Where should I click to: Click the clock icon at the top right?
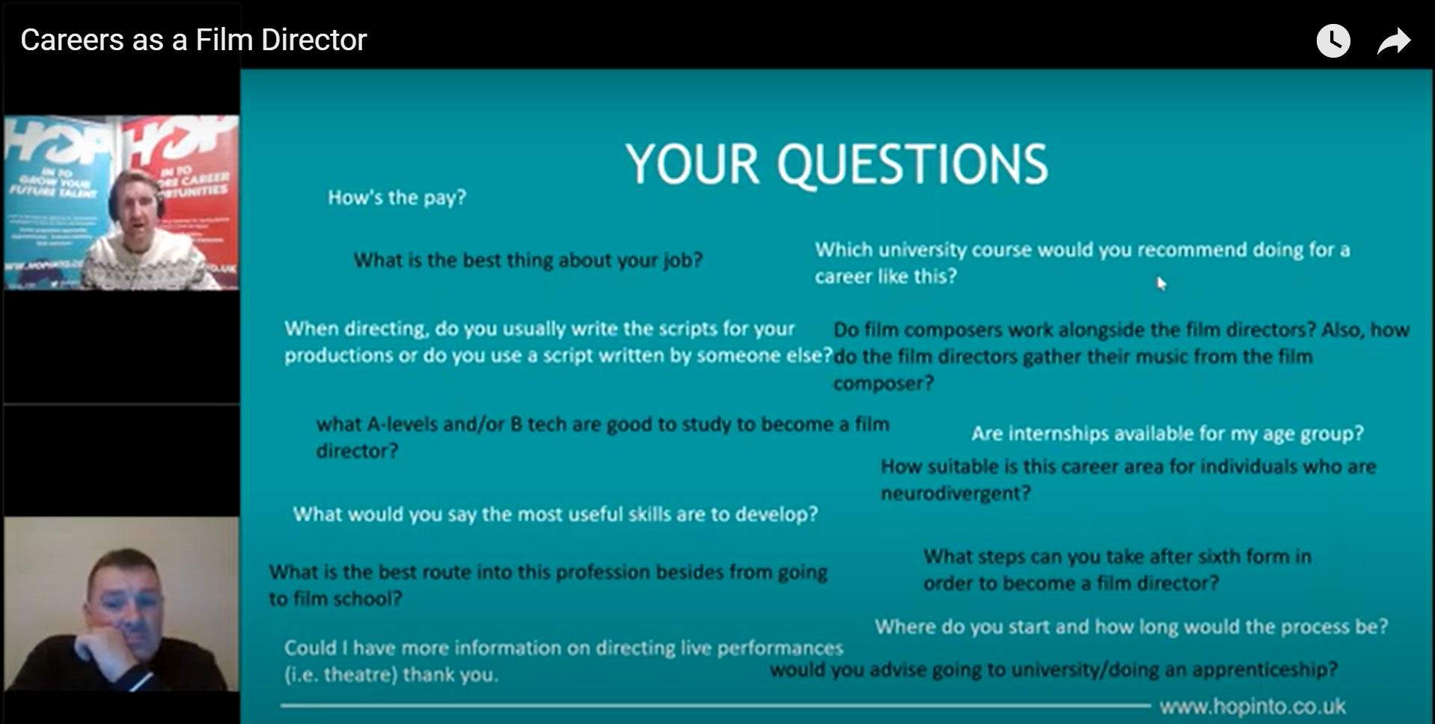pyautogui.click(x=1333, y=40)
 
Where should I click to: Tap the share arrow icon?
pyautogui.click(x=1393, y=41)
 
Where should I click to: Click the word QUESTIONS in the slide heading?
pyautogui.click(x=912, y=165)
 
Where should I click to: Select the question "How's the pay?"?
pyautogui.click(x=397, y=198)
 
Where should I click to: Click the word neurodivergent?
pyautogui.click(x=955, y=493)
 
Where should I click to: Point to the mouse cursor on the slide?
pyautogui.click(x=1160, y=283)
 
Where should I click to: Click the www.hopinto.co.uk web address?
pyautogui.click(x=1252, y=706)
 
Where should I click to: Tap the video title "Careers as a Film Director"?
pyautogui.click(x=193, y=40)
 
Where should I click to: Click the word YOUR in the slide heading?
pyautogui.click(x=692, y=165)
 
